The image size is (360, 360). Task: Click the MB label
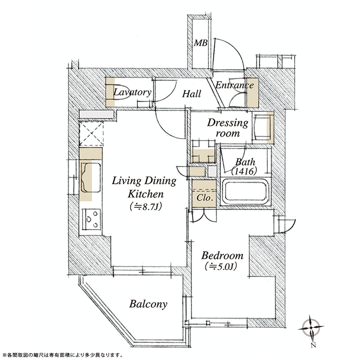201,43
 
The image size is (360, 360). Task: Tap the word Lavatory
132,92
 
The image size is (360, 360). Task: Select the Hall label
192,94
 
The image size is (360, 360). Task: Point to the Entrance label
234,85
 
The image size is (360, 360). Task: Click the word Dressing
228,123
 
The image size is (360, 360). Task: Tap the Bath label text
245,162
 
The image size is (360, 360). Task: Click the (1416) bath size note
244,171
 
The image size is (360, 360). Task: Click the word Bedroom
222,255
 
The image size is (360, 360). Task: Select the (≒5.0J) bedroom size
221,266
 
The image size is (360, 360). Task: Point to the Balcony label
148,304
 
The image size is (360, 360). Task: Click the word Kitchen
145,194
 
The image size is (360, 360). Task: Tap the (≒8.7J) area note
145,206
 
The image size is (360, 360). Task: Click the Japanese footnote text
62,355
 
